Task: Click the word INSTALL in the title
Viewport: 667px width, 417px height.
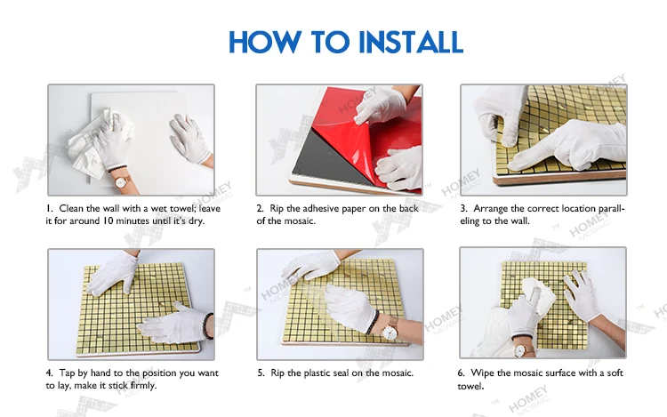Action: [x=411, y=42]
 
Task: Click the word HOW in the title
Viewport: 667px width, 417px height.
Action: [x=265, y=42]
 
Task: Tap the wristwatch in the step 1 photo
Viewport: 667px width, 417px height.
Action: [x=121, y=182]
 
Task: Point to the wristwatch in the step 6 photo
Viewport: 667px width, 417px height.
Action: [x=520, y=350]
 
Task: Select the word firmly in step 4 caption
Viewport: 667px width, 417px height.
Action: [x=143, y=386]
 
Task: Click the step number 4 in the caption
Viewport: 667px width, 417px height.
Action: [x=50, y=373]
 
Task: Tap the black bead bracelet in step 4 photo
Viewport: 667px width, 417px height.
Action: [x=207, y=326]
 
